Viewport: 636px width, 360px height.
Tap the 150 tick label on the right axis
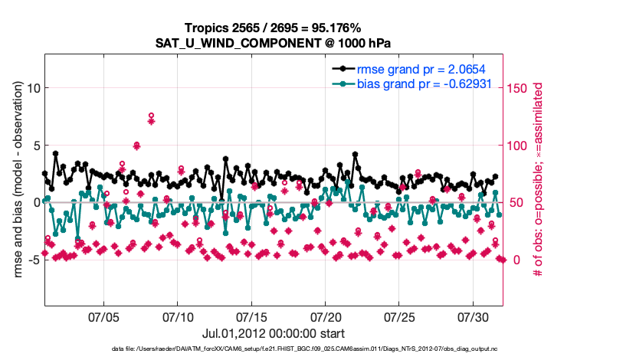[519, 88]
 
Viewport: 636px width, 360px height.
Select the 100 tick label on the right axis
[519, 146]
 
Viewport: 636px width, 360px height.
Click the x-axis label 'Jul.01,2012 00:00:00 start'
[273, 333]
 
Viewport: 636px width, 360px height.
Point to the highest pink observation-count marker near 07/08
[152, 116]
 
